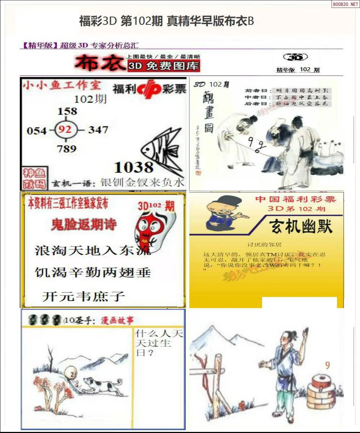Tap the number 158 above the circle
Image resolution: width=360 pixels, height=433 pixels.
(x=67, y=110)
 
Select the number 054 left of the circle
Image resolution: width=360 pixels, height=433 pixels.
(x=37, y=130)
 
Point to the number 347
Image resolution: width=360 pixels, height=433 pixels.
(x=98, y=130)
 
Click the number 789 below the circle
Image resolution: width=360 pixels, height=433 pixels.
(x=67, y=148)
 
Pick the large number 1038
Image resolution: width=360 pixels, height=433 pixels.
(x=134, y=167)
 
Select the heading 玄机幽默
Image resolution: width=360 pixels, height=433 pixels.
(x=301, y=227)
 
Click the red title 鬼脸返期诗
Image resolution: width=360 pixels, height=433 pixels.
(x=84, y=225)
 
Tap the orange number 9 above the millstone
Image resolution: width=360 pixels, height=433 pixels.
(x=327, y=366)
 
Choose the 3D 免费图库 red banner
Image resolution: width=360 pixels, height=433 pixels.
(x=163, y=66)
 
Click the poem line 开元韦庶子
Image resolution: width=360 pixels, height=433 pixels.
(x=84, y=296)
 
